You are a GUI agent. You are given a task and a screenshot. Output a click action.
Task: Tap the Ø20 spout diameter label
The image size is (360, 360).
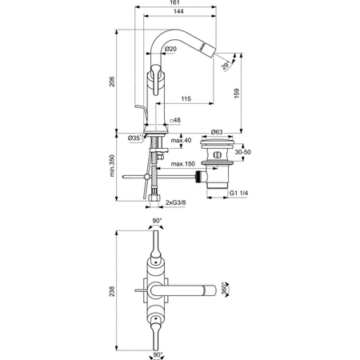170,50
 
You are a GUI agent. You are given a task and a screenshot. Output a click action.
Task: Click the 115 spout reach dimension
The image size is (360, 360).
185,98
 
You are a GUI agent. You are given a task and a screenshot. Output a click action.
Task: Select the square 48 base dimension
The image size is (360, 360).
177,121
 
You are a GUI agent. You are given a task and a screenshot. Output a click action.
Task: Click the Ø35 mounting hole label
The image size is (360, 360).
137,138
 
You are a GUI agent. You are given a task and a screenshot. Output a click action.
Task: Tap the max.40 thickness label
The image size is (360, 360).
182,141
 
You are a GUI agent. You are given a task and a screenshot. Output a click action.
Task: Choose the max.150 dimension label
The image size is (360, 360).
184,165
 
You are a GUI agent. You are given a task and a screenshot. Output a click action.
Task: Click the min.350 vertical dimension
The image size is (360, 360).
111,166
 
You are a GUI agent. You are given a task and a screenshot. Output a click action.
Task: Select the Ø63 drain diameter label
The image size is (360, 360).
216,132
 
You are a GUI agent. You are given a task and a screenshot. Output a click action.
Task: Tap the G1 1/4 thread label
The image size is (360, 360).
241,194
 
